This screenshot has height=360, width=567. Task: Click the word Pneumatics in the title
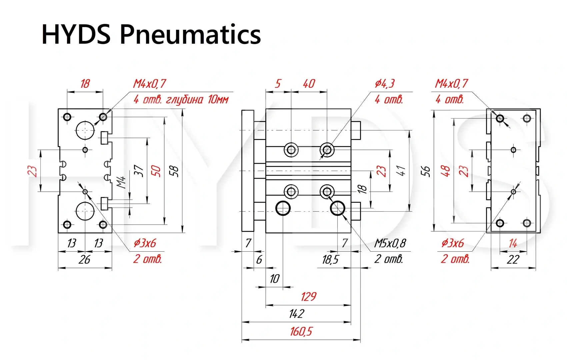[190, 35]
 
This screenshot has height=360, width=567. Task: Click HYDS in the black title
[76, 35]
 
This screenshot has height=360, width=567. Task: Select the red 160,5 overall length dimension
[301, 331]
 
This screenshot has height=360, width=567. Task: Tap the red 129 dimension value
[308, 296]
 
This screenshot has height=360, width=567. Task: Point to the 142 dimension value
[296, 314]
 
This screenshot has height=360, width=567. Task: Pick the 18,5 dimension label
[330, 260]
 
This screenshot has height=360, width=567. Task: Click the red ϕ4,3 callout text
[384, 83]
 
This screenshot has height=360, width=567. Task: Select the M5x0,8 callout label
[390, 243]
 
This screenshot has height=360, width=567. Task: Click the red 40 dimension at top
[309, 83]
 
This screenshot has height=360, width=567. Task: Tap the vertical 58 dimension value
[174, 171]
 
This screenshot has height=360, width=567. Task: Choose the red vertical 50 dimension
[156, 171]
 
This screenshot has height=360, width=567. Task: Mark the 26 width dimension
[84, 260]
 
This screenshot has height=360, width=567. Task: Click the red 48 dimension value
[445, 171]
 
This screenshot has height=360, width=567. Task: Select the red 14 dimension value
[513, 243]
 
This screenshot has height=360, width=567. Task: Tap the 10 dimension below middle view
[274, 279]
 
